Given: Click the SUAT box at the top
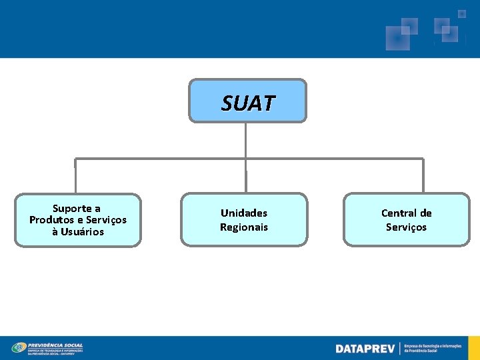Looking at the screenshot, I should tap(247, 101).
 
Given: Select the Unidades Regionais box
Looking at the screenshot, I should tap(244, 220).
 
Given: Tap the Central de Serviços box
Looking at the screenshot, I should tap(406, 220).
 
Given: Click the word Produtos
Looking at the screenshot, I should tap(50, 220).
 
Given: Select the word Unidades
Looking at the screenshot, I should tap(244, 213).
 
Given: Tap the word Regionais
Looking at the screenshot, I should tap(244, 227).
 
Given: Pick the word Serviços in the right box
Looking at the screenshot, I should tap(406, 227).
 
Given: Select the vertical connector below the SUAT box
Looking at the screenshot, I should tap(246, 140).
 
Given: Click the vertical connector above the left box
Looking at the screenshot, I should tap(75, 176).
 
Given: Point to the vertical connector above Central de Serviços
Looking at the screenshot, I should tap(423, 176).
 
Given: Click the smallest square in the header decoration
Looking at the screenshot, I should tap(461, 13).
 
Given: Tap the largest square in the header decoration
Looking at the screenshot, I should tap(397, 39).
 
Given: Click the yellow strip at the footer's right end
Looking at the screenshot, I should tap(477, 348).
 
